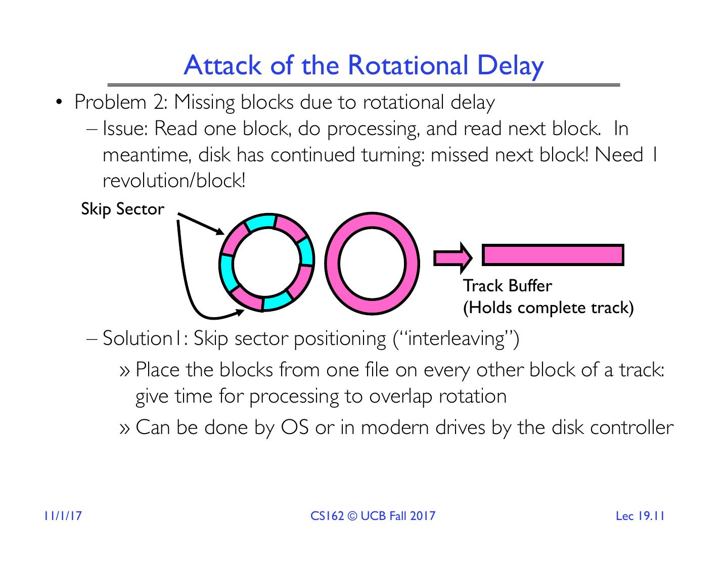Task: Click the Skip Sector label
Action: (x=122, y=209)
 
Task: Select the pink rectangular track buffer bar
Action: (x=553, y=255)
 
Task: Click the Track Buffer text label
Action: (x=508, y=286)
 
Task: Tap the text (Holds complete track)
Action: (x=549, y=308)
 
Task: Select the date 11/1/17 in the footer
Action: (x=63, y=516)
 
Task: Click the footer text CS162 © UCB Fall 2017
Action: (x=373, y=516)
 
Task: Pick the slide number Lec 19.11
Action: (x=640, y=516)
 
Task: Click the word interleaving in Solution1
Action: (x=456, y=338)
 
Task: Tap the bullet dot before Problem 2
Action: (x=60, y=103)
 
